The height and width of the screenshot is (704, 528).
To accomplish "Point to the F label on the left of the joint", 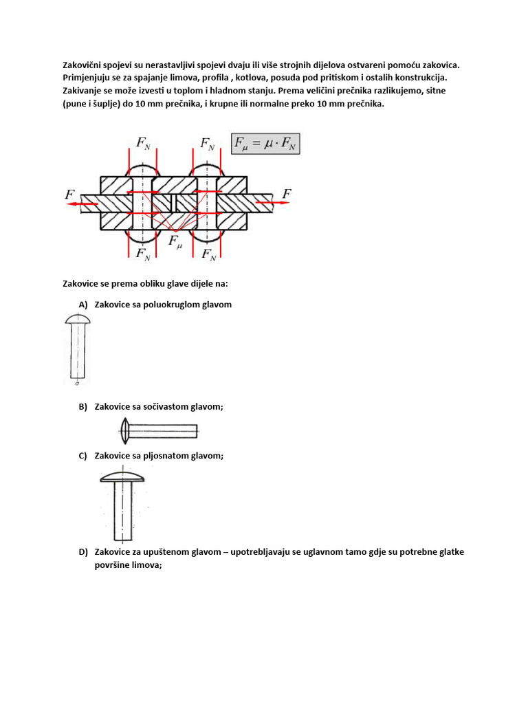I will point(70,195).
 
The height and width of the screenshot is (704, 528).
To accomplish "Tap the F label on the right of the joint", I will point(287,195).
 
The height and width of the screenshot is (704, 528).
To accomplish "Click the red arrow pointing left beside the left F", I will point(87,204).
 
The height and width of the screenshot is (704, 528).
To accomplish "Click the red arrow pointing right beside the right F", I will point(269,203).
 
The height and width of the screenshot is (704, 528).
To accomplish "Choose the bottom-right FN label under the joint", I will point(208,255).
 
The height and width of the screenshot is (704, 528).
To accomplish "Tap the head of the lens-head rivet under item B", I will point(124,431).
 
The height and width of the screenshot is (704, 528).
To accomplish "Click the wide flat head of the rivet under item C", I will point(122,476).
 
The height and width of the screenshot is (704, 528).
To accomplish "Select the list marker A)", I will point(84,305).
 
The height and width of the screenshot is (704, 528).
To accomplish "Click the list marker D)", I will point(84,552).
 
